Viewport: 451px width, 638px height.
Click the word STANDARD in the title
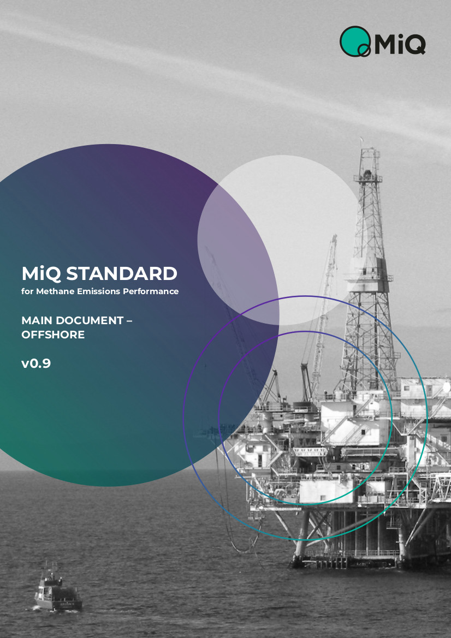pyautogui.click(x=122, y=273)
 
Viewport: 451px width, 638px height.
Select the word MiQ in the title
pyautogui.click(x=41, y=274)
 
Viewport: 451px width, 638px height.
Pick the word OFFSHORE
pyautogui.click(x=53, y=335)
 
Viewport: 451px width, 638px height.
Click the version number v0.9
pyautogui.click(x=36, y=363)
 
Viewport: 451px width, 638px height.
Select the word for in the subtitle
pyautogui.click(x=27, y=291)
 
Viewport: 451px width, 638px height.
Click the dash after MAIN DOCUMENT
pyautogui.click(x=129, y=321)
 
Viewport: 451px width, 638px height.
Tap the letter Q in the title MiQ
pyautogui.click(x=54, y=275)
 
